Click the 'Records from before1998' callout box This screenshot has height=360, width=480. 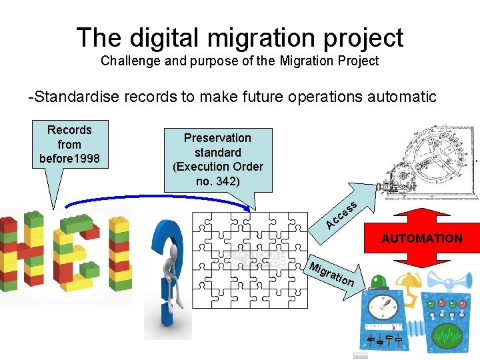pos(69,144)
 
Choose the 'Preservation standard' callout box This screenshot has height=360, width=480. pos(218,159)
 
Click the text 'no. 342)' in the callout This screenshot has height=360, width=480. pos(218,181)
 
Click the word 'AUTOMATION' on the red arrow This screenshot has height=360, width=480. pos(421,238)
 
